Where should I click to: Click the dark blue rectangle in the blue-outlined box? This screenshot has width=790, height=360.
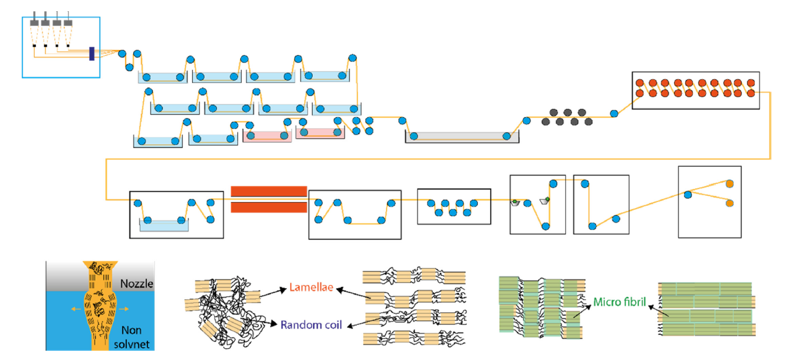pyautogui.click(x=92, y=54)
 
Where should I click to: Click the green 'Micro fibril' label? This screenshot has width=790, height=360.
pyautogui.click(x=619, y=302)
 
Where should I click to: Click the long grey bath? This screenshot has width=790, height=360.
pyautogui.click(x=462, y=137)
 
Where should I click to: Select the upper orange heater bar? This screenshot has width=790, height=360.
pyautogui.click(x=269, y=190)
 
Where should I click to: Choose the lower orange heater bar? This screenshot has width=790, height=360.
pyautogui.click(x=269, y=207)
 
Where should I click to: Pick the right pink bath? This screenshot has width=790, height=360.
pyautogui.click(x=320, y=133)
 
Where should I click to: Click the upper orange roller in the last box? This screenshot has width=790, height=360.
pyautogui.click(x=729, y=184)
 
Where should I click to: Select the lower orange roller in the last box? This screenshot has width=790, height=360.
pyautogui.click(x=729, y=203)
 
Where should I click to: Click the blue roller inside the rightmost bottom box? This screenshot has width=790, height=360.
pyautogui.click(x=688, y=195)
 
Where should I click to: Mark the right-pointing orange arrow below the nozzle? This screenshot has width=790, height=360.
pyautogui.click(x=125, y=308)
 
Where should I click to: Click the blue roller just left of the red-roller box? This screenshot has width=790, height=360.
pyautogui.click(x=613, y=113)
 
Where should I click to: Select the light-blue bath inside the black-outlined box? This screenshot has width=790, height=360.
pyautogui.click(x=164, y=226)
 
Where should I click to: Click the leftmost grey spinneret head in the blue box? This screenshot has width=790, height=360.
pyautogui.click(x=35, y=24)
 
